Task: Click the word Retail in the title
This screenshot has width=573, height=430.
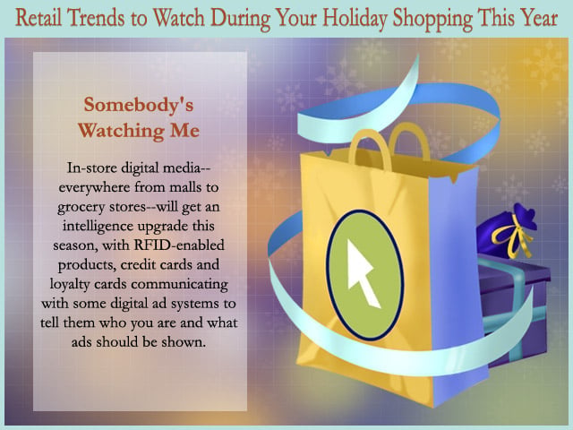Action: (x=38, y=17)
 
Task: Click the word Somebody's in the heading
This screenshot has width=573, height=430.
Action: (x=139, y=105)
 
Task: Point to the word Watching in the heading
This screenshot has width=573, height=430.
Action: (x=121, y=131)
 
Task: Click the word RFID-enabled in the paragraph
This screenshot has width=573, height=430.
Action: (x=179, y=245)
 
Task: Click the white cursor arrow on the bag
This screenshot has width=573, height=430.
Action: (x=361, y=273)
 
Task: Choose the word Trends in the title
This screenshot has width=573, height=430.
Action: (x=96, y=18)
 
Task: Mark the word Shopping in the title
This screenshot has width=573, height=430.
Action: (x=432, y=19)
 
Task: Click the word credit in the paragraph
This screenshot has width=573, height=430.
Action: (x=141, y=264)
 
